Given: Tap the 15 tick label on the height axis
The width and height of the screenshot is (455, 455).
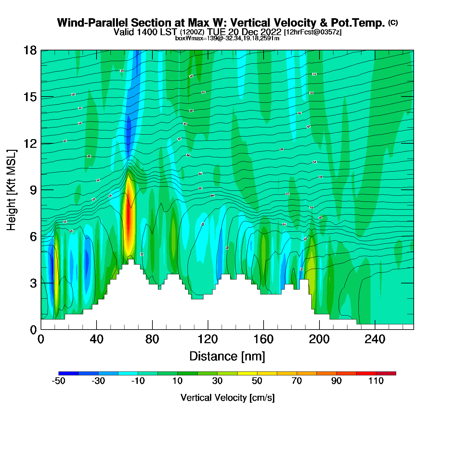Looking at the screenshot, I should click(30, 97).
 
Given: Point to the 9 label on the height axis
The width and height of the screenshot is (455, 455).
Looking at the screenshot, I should click(33, 190).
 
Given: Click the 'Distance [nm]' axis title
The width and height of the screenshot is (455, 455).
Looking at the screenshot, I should click(227, 357).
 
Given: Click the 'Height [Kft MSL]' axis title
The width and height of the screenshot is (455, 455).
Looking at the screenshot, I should click(11, 190).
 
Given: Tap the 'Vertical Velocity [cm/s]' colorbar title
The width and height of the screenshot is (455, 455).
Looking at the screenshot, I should click(227, 397).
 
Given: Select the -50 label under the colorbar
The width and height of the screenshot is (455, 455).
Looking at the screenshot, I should click(58, 381).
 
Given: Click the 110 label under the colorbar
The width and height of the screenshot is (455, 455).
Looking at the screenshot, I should click(376, 381).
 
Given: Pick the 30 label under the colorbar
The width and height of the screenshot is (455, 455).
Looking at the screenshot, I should click(217, 381).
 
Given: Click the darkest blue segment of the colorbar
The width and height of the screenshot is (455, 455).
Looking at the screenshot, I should click(69, 373).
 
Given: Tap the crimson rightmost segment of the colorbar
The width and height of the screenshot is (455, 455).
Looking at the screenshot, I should click(386, 373).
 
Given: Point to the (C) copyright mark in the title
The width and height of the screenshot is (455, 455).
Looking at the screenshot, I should click(393, 22).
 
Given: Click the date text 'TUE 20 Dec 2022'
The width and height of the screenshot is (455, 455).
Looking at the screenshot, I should click(244, 32).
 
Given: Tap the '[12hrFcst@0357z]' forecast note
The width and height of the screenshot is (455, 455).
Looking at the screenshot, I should click(313, 32).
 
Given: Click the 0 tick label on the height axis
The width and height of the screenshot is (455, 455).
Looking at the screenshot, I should click(33, 330).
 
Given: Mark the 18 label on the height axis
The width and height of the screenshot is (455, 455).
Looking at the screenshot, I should click(30, 50).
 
